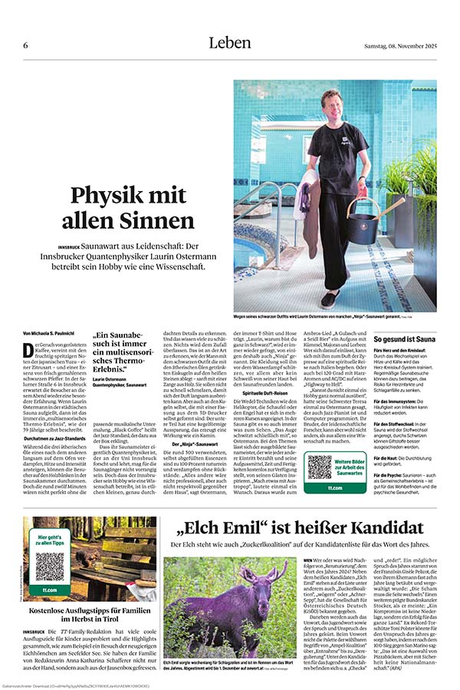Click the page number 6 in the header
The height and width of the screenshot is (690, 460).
coord(25,45)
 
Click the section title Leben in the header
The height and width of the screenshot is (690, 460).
coord(230,43)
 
